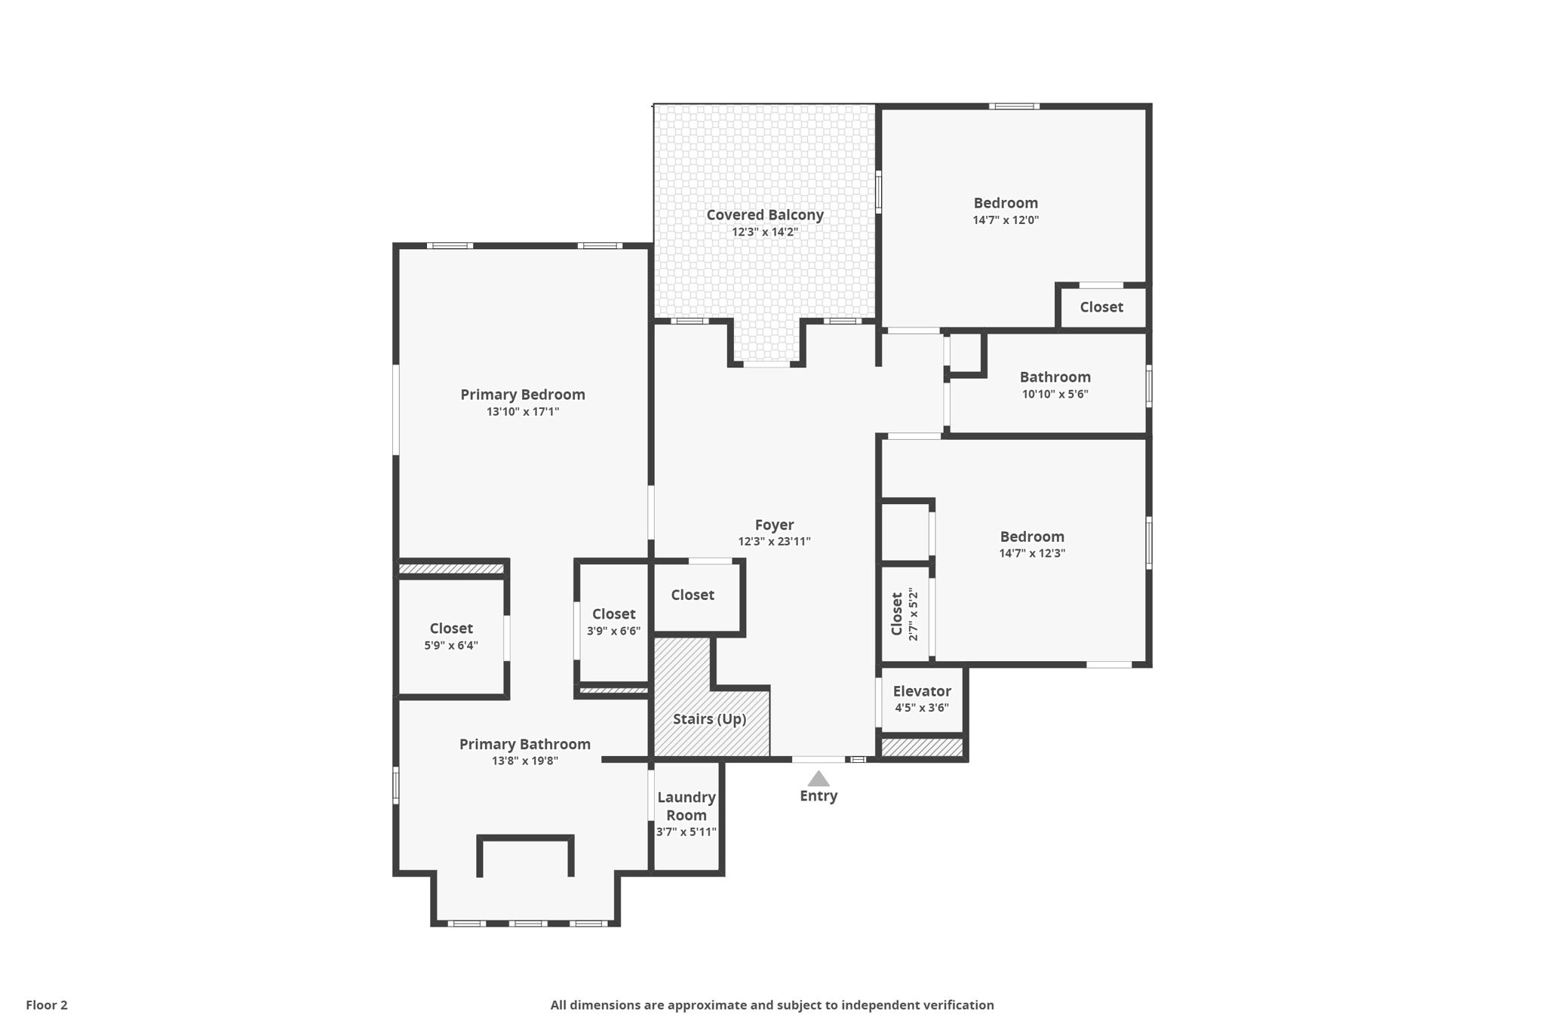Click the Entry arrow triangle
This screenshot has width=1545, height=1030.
pyautogui.click(x=819, y=779)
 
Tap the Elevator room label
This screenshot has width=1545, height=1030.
pyautogui.click(x=921, y=691)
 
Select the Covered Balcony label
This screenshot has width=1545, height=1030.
pyautogui.click(x=764, y=215)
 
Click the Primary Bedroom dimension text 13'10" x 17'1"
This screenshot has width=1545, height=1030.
pyautogui.click(x=522, y=412)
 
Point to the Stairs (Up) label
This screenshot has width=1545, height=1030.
pyautogui.click(x=709, y=719)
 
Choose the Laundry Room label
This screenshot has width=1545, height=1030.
pyautogui.click(x=686, y=807)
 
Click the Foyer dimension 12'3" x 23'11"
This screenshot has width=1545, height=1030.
pyautogui.click(x=774, y=542)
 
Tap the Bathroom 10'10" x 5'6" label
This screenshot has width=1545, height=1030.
pyautogui.click(x=1055, y=377)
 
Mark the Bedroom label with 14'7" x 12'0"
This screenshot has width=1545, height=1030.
pyautogui.click(x=1005, y=203)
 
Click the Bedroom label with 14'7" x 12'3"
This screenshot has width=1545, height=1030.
pyautogui.click(x=1031, y=537)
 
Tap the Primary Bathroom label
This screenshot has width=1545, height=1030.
pyautogui.click(x=524, y=745)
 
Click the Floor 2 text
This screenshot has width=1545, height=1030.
pyautogui.click(x=47, y=1005)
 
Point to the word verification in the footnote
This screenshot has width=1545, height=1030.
pyautogui.click(x=957, y=1005)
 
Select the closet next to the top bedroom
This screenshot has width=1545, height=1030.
pyautogui.click(x=1101, y=307)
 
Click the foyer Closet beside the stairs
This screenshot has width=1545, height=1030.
pyautogui.click(x=692, y=595)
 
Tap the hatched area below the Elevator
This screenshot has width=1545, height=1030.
pyautogui.click(x=922, y=748)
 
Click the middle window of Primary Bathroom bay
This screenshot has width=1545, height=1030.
pyautogui.click(x=527, y=924)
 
